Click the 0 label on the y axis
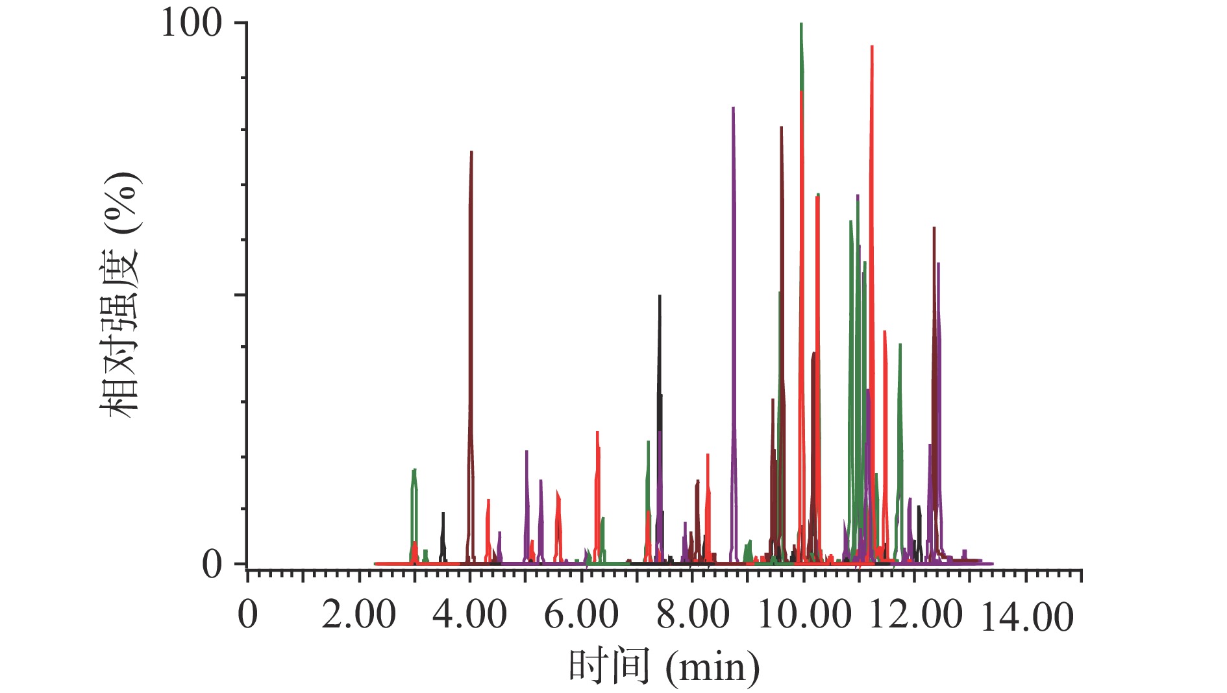pyautogui.click(x=212, y=565)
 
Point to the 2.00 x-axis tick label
pyautogui.click(x=358, y=614)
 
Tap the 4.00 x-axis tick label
pyautogui.click(x=469, y=614)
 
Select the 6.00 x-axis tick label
pyautogui.click(x=581, y=614)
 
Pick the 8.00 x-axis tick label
pyautogui.click(x=693, y=614)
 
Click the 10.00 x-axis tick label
pyautogui.click(x=804, y=614)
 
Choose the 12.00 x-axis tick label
pyautogui.click(x=915, y=614)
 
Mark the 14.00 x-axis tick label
pyautogui.click(x=1026, y=616)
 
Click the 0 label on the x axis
pyautogui.click(x=247, y=614)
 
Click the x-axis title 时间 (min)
pyautogui.click(x=663, y=666)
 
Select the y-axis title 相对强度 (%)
pyautogui.click(x=121, y=295)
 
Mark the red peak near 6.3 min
pyautogui.click(x=597, y=433)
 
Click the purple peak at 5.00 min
pyautogui.click(x=527, y=452)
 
